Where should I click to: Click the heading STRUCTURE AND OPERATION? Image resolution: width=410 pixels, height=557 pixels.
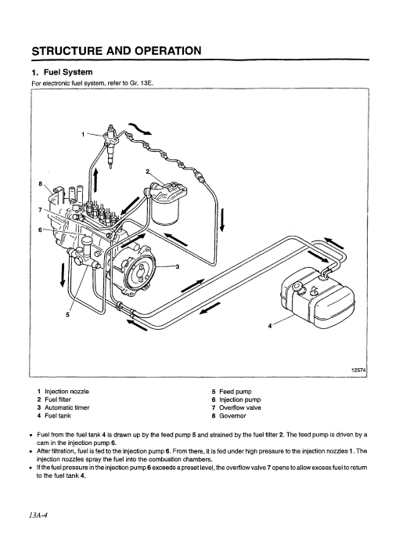click(117, 51)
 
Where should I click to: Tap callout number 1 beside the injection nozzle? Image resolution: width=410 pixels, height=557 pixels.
click(83, 134)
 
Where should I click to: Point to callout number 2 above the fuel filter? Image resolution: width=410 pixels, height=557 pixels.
click(148, 172)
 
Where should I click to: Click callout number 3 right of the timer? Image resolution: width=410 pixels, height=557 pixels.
click(178, 267)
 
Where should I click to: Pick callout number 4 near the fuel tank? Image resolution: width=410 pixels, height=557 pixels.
click(270, 325)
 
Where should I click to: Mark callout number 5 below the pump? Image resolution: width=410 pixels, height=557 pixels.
click(67, 314)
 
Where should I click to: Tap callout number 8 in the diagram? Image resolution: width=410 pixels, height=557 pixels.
click(41, 183)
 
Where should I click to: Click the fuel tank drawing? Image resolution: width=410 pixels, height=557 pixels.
click(318, 299)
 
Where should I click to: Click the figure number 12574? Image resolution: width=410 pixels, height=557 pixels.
click(358, 370)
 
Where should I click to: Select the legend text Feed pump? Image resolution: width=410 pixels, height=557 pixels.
click(236, 392)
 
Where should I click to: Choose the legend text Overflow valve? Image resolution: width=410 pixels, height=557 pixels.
click(240, 407)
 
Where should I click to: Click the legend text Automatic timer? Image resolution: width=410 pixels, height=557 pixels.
click(67, 407)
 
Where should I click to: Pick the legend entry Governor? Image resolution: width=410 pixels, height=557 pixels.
click(232, 416)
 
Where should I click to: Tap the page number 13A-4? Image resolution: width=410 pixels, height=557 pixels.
click(38, 515)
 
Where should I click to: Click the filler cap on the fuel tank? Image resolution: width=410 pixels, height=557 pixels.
click(297, 288)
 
